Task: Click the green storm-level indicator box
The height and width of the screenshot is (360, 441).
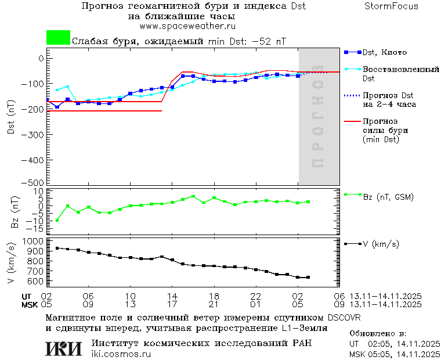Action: pyautogui.click(x=58, y=37)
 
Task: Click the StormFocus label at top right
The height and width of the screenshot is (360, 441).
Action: pyautogui.click(x=391, y=6)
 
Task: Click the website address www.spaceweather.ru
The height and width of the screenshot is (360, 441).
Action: pyautogui.click(x=187, y=26)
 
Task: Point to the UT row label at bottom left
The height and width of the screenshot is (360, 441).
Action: pyautogui.click(x=27, y=296)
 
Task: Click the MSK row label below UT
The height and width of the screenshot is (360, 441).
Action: pyautogui.click(x=29, y=304)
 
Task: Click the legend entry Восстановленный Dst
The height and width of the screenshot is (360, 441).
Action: pyautogui.click(x=400, y=73)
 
